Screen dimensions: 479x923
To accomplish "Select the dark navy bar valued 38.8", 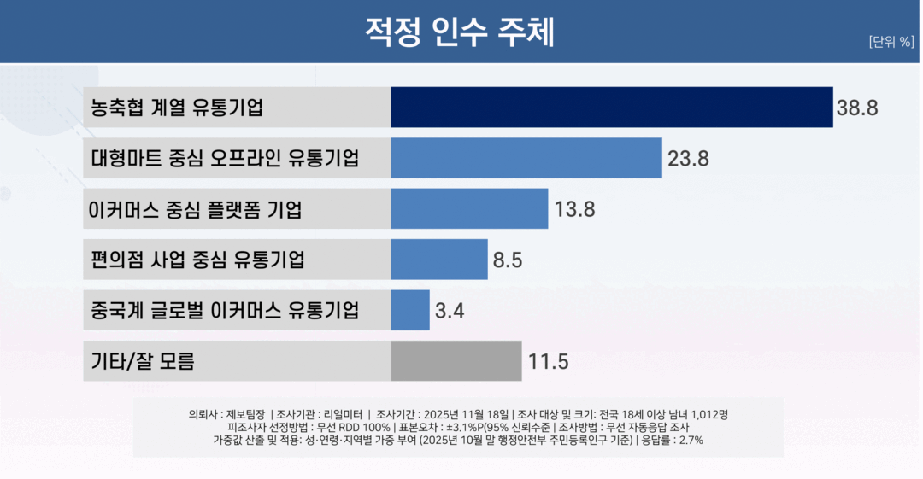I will coord(611,108).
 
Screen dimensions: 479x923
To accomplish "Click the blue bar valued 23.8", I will coord(526,158).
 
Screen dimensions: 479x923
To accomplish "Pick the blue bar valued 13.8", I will coord(469,209).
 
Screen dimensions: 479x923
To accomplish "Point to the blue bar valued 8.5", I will coord(439,260).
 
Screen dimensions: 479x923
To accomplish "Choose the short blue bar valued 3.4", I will coord(410,310).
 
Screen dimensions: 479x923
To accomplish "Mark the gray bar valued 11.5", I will coord(456,360).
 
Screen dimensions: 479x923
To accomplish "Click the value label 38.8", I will coord(857,108).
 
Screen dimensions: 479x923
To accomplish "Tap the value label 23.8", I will coord(688,159).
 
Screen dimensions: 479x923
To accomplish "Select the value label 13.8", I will coord(574,209).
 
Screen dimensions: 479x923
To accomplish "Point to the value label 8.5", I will coord(507,260).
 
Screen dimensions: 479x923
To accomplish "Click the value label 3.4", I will coord(450,311).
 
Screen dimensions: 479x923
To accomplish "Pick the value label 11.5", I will coord(548,361).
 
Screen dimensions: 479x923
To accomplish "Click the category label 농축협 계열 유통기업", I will coord(177,108).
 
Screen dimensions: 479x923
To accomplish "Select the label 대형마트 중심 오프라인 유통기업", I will coord(225,159).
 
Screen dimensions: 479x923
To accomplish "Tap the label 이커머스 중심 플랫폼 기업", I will coord(196,209).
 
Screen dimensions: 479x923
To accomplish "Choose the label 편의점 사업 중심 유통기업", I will coord(197,260).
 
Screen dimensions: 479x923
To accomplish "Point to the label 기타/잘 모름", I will coord(143,361).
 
